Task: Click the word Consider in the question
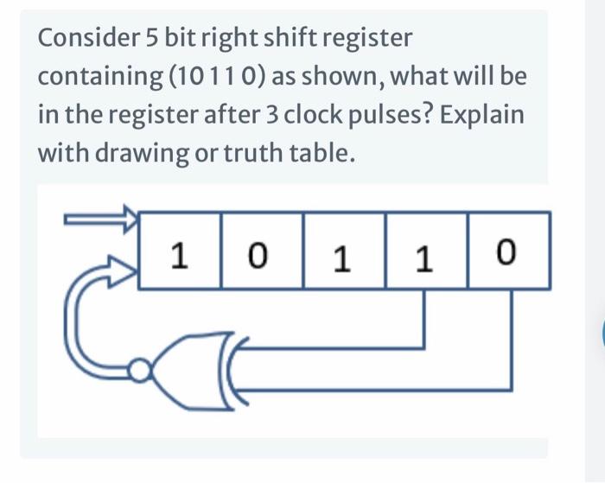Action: pos(82,39)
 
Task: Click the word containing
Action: pos(99,78)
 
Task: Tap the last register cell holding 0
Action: pos(508,253)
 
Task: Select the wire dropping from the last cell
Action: pos(511,337)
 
